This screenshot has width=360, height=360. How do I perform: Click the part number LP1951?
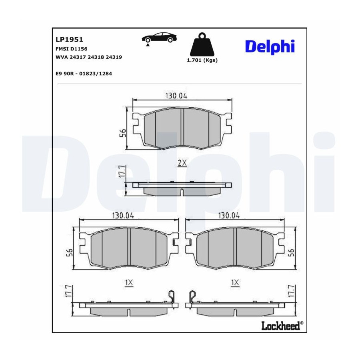tap(69, 40)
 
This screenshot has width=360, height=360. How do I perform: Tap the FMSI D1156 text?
tap(72, 49)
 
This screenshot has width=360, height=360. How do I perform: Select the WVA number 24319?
tap(114, 57)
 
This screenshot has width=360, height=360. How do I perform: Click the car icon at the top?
tap(159, 38)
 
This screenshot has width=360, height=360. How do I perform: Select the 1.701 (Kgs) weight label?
tap(202, 60)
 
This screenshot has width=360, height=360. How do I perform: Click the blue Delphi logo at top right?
tap(270, 47)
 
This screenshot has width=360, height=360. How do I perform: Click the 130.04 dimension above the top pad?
tap(176, 96)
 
